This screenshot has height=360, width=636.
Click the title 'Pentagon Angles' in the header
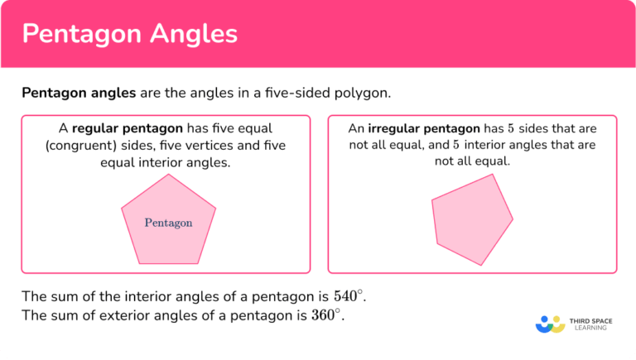tap(129, 33)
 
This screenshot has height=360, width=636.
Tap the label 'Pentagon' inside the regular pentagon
tap(168, 223)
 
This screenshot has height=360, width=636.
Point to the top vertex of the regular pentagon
tap(168, 175)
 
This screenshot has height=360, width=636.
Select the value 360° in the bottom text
tap(325, 314)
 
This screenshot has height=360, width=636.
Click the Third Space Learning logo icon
tap(549, 324)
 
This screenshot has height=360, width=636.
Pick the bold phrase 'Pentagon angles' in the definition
tap(79, 93)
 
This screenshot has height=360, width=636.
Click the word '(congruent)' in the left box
tap(79, 146)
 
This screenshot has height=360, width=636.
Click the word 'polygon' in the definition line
tap(363, 93)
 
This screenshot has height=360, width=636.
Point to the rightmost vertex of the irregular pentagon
tap(513, 219)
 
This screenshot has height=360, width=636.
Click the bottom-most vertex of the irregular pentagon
tap(482, 265)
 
